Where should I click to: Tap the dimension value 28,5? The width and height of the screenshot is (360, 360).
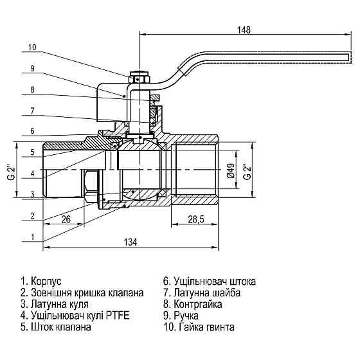tap(195, 219)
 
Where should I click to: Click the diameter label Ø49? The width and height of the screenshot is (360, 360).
tap(231, 170)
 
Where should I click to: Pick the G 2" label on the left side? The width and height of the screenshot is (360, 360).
tap(10, 170)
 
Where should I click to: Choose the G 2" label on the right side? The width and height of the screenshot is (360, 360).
tap(246, 170)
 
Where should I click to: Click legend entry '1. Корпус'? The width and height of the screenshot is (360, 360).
tap(41, 282)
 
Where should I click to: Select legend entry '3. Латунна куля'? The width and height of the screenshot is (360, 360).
tap(55, 304)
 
